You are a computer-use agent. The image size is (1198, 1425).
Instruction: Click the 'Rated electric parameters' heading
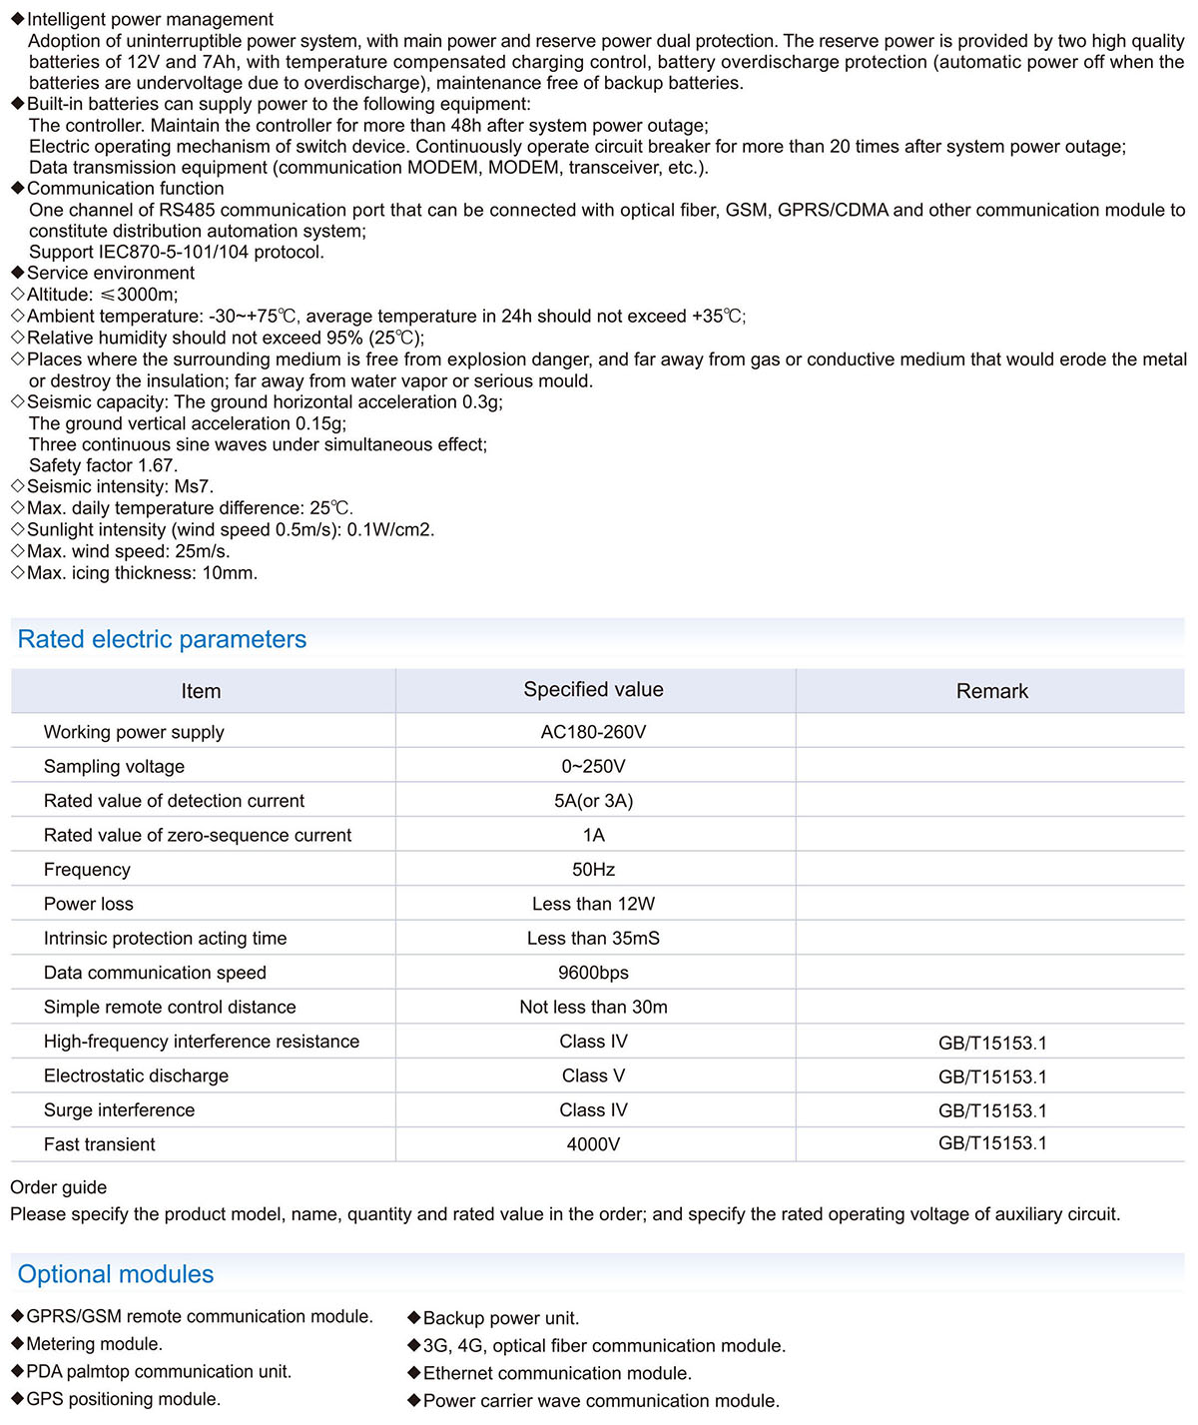pos(162,639)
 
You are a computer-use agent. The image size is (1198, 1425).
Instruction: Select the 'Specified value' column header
pos(593,690)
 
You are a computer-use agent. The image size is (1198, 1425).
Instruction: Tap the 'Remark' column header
pos(991,691)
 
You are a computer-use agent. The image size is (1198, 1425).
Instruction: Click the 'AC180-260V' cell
pos(593,732)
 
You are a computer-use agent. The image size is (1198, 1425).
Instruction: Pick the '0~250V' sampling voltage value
pos(593,766)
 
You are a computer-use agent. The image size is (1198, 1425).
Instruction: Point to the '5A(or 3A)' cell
pos(593,801)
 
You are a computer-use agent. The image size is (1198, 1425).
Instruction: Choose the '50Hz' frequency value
pos(593,870)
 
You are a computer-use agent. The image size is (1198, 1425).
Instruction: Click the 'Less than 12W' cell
pos(593,904)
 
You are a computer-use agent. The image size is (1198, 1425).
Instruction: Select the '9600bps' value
pos(593,973)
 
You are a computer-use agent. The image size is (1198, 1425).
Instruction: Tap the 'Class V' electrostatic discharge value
pos(593,1075)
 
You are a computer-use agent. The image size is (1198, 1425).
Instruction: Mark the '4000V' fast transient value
pos(593,1144)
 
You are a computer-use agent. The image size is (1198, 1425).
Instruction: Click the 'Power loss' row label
pos(89,904)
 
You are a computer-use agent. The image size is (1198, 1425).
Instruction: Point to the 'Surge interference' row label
pos(120,1110)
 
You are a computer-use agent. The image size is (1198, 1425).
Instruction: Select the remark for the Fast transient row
pos(992,1143)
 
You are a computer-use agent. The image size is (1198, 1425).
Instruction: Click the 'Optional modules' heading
pos(116,1274)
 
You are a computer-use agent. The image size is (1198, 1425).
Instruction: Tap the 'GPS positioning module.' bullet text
pos(124,1399)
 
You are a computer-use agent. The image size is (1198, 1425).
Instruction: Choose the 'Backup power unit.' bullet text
pos(501,1318)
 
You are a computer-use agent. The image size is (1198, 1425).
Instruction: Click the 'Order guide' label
pos(58,1187)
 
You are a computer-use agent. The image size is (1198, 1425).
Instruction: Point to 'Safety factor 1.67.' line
pos(103,465)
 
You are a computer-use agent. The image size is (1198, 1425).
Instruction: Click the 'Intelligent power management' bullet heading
pos(150,19)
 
